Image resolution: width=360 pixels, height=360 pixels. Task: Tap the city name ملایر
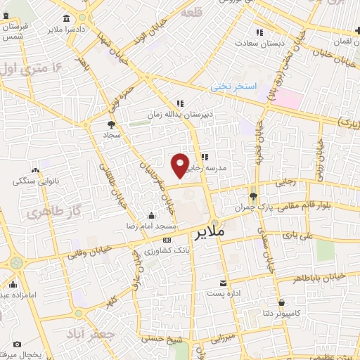[208, 231]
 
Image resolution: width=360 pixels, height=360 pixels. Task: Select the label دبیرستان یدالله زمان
[179, 113]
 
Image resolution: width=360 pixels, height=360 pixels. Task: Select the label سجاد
[113, 134]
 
